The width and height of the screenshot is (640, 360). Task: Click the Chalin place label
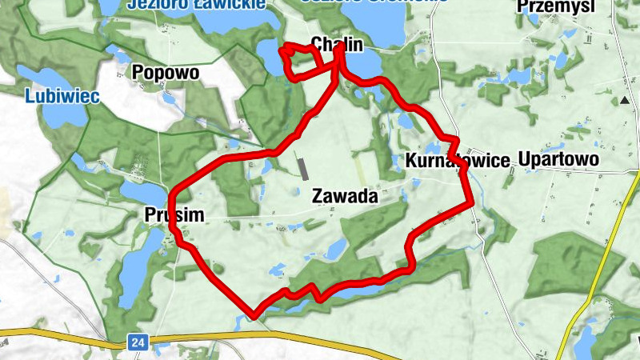332,44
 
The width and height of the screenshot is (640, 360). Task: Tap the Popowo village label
166,73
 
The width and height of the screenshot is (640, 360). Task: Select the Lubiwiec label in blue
62,97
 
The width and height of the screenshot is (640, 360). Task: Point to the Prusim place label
175,214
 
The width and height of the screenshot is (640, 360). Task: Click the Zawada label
344,195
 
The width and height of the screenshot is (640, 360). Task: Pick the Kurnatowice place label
457,161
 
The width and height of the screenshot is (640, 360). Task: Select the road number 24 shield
138,342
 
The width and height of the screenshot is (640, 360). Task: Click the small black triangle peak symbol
624,100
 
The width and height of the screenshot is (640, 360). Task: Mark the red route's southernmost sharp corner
254,315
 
